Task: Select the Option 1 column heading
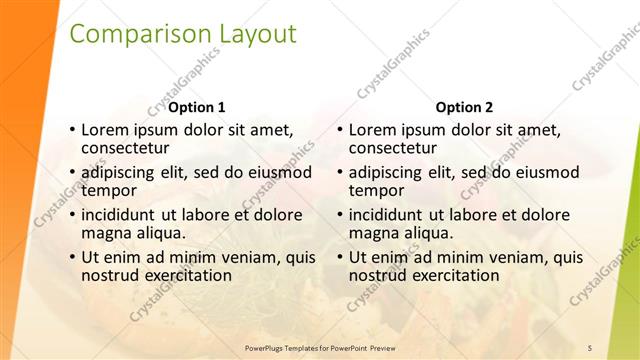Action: point(197,108)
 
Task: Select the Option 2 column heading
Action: point(465,108)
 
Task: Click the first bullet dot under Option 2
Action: point(341,130)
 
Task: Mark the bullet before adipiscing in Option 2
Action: point(341,172)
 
